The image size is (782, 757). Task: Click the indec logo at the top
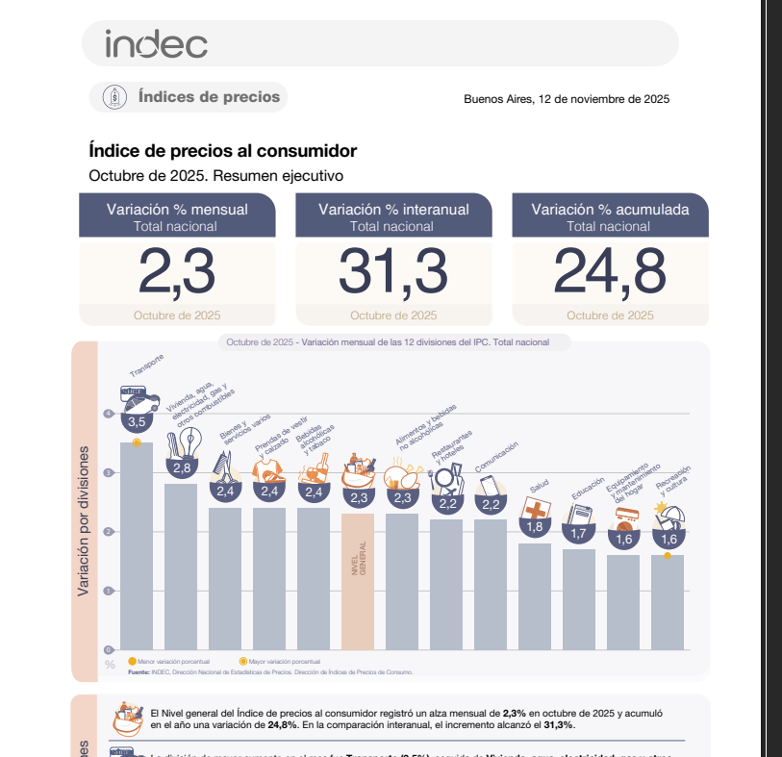click(156, 43)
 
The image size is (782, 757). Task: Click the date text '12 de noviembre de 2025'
click(603, 99)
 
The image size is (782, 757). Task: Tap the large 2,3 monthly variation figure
click(176, 272)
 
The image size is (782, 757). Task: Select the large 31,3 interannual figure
click(393, 272)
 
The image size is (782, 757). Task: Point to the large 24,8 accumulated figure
click(610, 272)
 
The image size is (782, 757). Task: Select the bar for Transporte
click(137, 548)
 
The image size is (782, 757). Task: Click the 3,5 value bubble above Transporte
click(137, 421)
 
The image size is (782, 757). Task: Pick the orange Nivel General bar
click(358, 581)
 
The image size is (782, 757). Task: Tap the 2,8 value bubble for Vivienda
click(181, 468)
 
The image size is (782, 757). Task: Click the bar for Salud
click(535, 596)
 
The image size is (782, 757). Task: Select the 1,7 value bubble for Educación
click(579, 533)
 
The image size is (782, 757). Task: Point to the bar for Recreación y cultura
click(668, 602)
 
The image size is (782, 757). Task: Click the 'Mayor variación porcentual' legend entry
click(280, 662)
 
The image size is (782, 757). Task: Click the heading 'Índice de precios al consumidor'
click(222, 151)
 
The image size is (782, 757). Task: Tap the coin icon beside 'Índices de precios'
click(114, 96)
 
